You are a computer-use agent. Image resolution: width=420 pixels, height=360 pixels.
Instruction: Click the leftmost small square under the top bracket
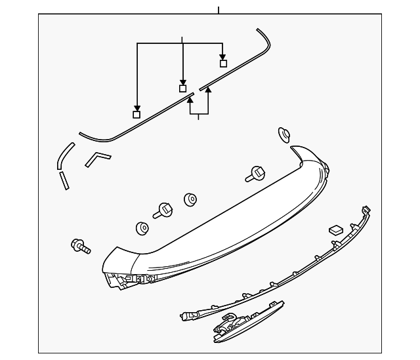pyautogui.click(x=136, y=114)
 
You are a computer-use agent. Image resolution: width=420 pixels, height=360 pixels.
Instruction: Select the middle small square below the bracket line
pyautogui.click(x=183, y=88)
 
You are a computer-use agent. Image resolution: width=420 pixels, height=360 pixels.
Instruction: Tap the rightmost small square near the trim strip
pyautogui.click(x=223, y=64)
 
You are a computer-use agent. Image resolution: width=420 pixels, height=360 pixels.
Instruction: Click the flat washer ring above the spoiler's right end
pyautogui.click(x=285, y=135)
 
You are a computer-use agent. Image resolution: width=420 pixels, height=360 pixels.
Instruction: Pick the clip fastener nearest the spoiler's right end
pyautogui.click(x=255, y=174)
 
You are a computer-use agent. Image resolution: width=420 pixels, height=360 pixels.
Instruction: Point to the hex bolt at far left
pyautogui.click(x=79, y=246)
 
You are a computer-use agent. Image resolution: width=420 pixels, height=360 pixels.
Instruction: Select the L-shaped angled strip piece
pyautogui.click(x=98, y=159)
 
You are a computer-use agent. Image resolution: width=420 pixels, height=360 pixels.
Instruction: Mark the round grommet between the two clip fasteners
pyautogui.click(x=191, y=199)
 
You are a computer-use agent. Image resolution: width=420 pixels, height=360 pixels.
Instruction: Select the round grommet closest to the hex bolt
pyautogui.click(x=142, y=228)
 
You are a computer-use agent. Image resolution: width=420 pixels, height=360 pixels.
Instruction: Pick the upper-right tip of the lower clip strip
pyautogui.click(x=367, y=210)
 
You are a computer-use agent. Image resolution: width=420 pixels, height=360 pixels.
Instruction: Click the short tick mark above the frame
pyautogui.click(x=218, y=10)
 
